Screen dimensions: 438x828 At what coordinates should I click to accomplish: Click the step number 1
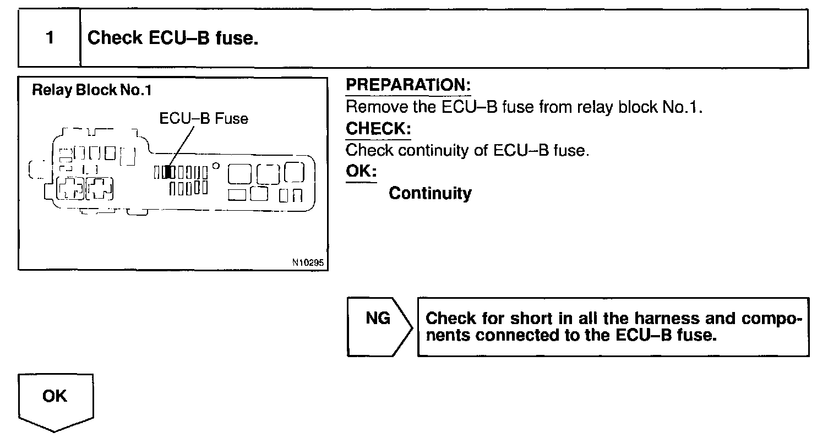tap(50, 39)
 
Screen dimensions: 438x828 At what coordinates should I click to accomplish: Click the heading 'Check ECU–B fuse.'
tap(173, 39)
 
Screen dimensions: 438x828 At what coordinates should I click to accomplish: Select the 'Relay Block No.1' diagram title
tap(91, 90)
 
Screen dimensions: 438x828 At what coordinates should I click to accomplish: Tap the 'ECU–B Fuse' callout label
tap(204, 118)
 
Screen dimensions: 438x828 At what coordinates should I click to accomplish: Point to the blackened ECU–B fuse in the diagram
tap(172, 172)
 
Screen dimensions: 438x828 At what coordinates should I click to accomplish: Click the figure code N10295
tap(309, 263)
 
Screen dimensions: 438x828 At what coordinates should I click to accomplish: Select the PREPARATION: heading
tap(408, 85)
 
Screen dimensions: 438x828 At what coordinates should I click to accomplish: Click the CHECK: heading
tap(378, 129)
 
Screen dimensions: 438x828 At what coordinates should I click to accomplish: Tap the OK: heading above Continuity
tap(361, 172)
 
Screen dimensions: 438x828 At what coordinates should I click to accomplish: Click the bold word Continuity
tap(430, 194)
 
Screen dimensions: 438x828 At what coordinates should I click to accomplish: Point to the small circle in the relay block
tap(216, 165)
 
